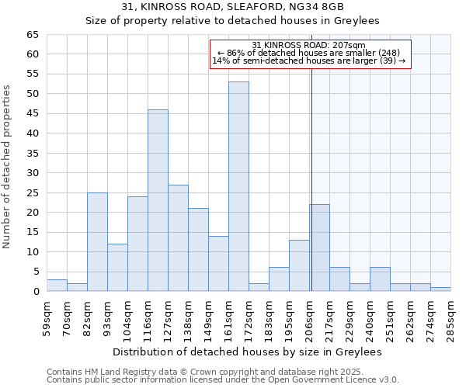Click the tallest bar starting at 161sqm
(238, 186)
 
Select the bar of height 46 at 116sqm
(158, 200)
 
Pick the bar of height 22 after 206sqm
(319, 248)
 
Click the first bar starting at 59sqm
(57, 286)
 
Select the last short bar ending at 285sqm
(440, 289)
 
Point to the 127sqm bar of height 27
(178, 238)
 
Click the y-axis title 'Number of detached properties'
(8, 167)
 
